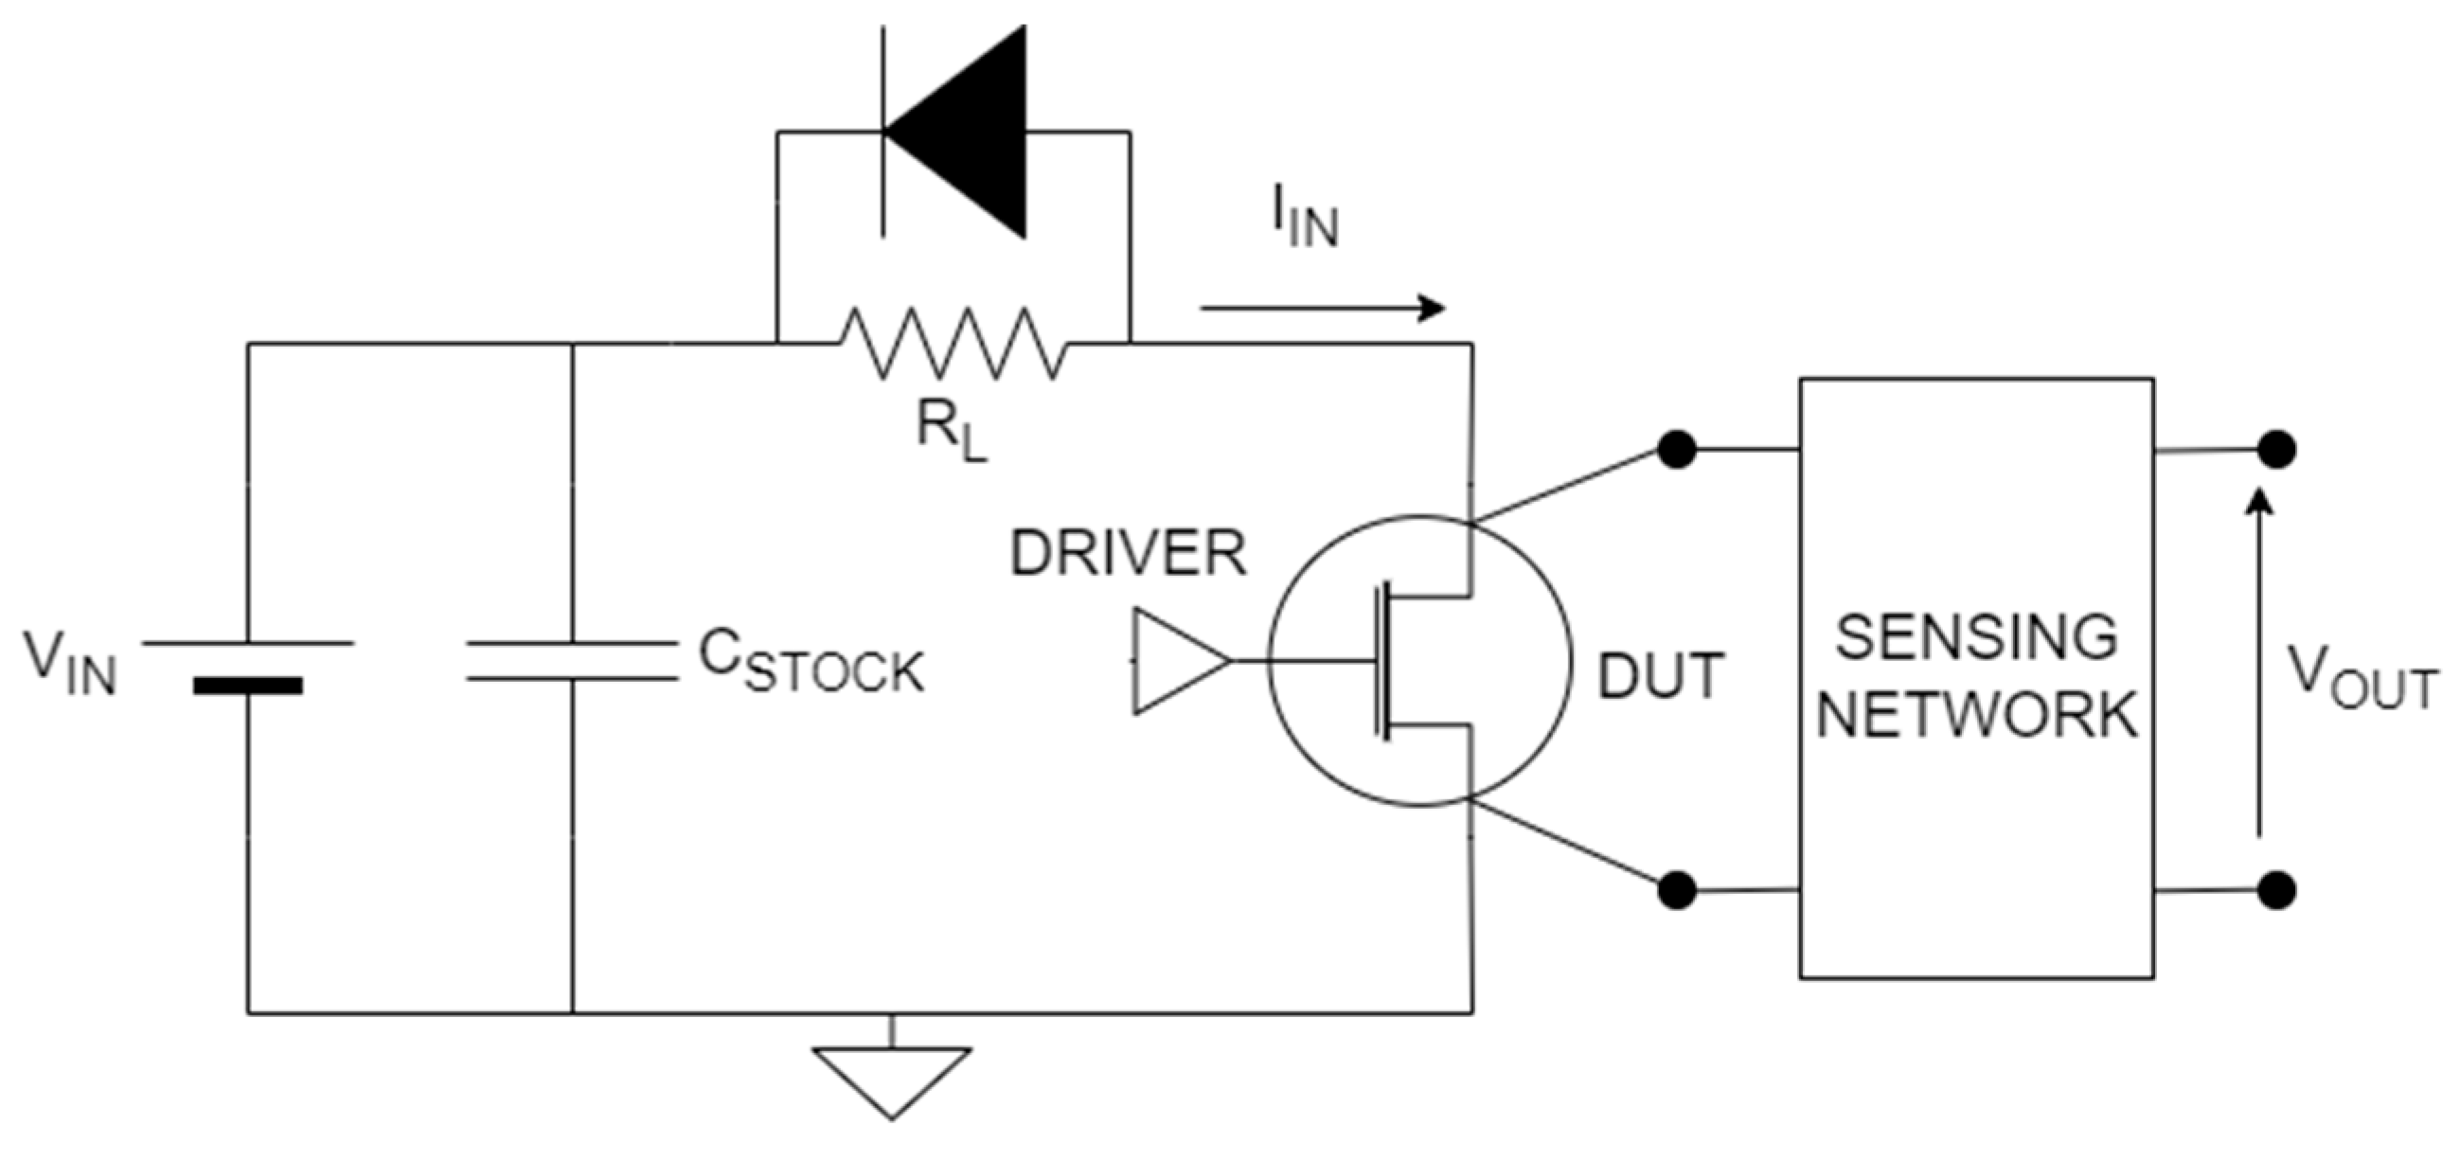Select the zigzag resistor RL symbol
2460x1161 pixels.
coord(954,343)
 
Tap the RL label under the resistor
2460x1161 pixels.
coord(950,434)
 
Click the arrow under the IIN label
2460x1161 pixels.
coord(1323,308)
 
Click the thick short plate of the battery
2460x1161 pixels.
coord(247,685)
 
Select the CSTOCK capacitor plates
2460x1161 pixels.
coord(572,662)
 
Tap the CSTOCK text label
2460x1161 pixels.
coord(811,662)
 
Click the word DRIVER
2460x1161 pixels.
coord(1128,553)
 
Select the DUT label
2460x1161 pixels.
coord(1660,675)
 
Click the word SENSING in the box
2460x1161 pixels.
coord(1976,636)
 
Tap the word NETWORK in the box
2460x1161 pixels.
coord(1976,713)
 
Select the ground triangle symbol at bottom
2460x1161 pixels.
coord(891,1079)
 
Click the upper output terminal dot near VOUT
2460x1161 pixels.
coord(2276,449)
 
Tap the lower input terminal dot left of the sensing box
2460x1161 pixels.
coord(1677,890)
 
